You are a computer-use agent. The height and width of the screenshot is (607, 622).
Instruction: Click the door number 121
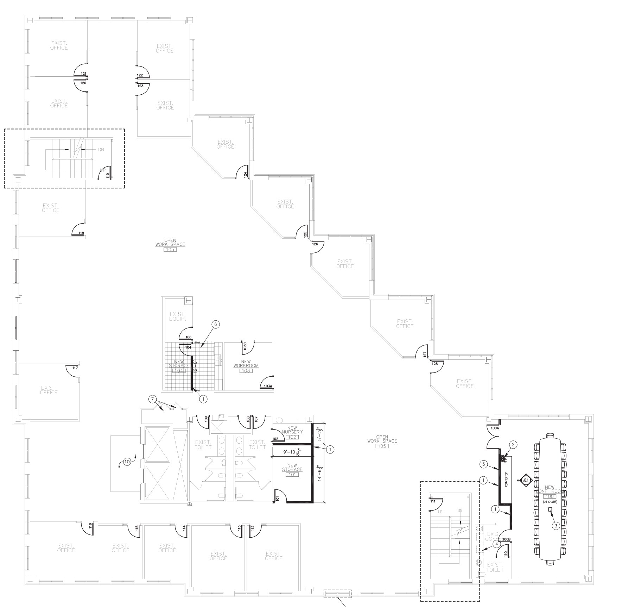pyautogui.click(x=83, y=74)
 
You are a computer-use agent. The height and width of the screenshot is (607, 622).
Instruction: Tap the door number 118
pyautogui.click(x=81, y=233)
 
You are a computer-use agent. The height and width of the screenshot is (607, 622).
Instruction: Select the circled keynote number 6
pyautogui.click(x=215, y=324)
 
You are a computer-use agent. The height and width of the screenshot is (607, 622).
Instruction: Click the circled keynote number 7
pyautogui.click(x=152, y=399)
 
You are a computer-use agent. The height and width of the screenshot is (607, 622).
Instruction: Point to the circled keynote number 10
pyautogui.click(x=127, y=462)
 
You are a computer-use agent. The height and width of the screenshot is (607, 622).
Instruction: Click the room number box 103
pyautogui.click(x=246, y=371)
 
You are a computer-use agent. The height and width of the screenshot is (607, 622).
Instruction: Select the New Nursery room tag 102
pyautogui.click(x=292, y=437)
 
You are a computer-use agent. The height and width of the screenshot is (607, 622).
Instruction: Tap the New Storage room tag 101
pyautogui.click(x=292, y=475)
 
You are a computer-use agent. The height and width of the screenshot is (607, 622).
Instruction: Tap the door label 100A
pyautogui.click(x=495, y=428)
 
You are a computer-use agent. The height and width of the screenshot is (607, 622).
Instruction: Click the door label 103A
pyautogui.click(x=268, y=386)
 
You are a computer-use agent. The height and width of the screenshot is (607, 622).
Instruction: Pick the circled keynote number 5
pyautogui.click(x=484, y=464)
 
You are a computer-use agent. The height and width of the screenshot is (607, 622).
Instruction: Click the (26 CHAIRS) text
pyautogui.click(x=550, y=502)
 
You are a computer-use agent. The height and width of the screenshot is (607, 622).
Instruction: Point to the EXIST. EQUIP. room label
pyautogui.click(x=177, y=317)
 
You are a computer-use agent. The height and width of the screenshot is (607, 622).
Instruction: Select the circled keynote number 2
pyautogui.click(x=513, y=445)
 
